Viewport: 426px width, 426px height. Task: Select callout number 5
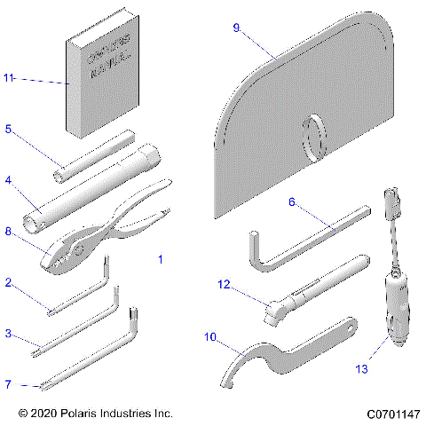pos(8,130)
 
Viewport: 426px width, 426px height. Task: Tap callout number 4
pos(8,180)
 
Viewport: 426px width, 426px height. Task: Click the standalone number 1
pos(160,261)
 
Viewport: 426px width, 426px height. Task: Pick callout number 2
pos(8,283)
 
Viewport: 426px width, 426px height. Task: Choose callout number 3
pos(8,334)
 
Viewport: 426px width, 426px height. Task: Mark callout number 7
pos(8,384)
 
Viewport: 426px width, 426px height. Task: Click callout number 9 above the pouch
pos(236,28)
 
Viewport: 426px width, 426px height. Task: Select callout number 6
pos(291,201)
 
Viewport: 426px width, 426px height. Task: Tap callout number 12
pos(225,284)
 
